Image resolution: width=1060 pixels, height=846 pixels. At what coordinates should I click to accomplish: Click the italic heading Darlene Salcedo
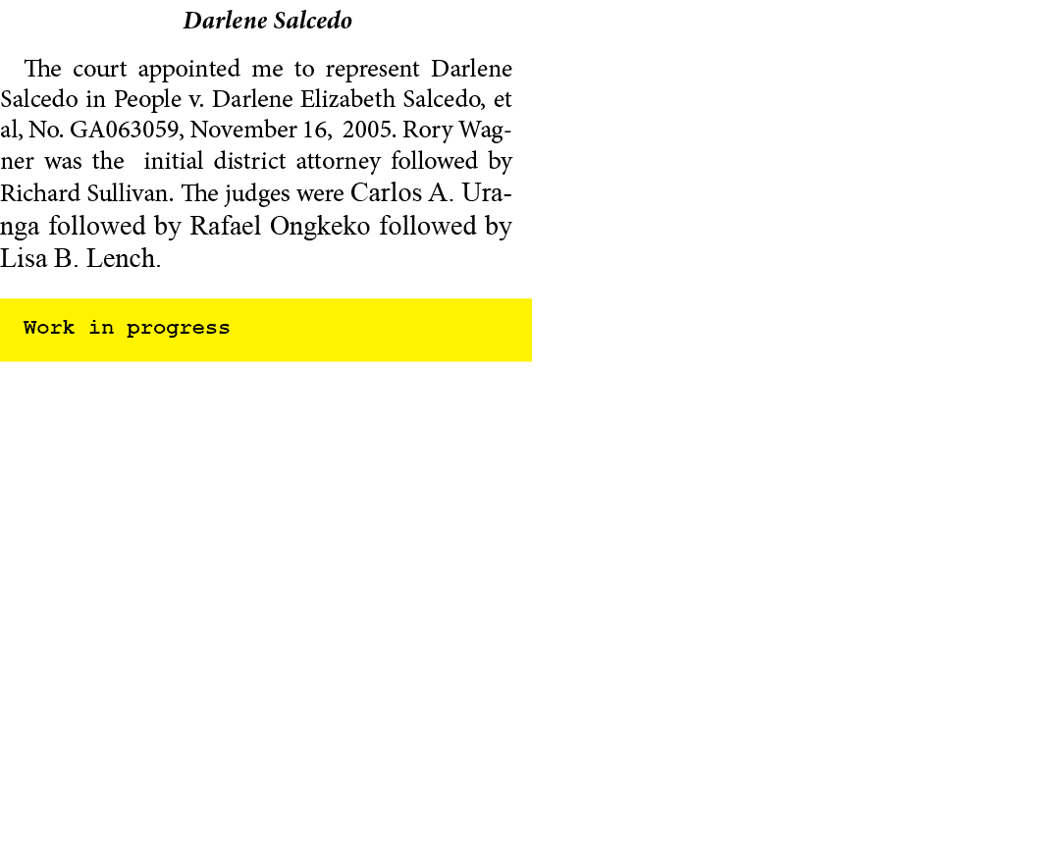pos(268,21)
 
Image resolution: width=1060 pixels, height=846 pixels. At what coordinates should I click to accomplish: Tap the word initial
pos(173,161)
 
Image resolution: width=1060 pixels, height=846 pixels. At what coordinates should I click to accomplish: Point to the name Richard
pos(40,193)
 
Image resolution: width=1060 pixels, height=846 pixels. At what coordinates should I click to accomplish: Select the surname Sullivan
pos(130,193)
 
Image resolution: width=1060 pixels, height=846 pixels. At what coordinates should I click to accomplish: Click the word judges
pos(257,194)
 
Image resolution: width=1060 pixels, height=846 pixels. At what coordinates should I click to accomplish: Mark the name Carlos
pos(386,192)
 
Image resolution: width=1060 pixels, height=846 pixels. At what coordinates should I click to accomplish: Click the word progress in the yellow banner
pos(179,329)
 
